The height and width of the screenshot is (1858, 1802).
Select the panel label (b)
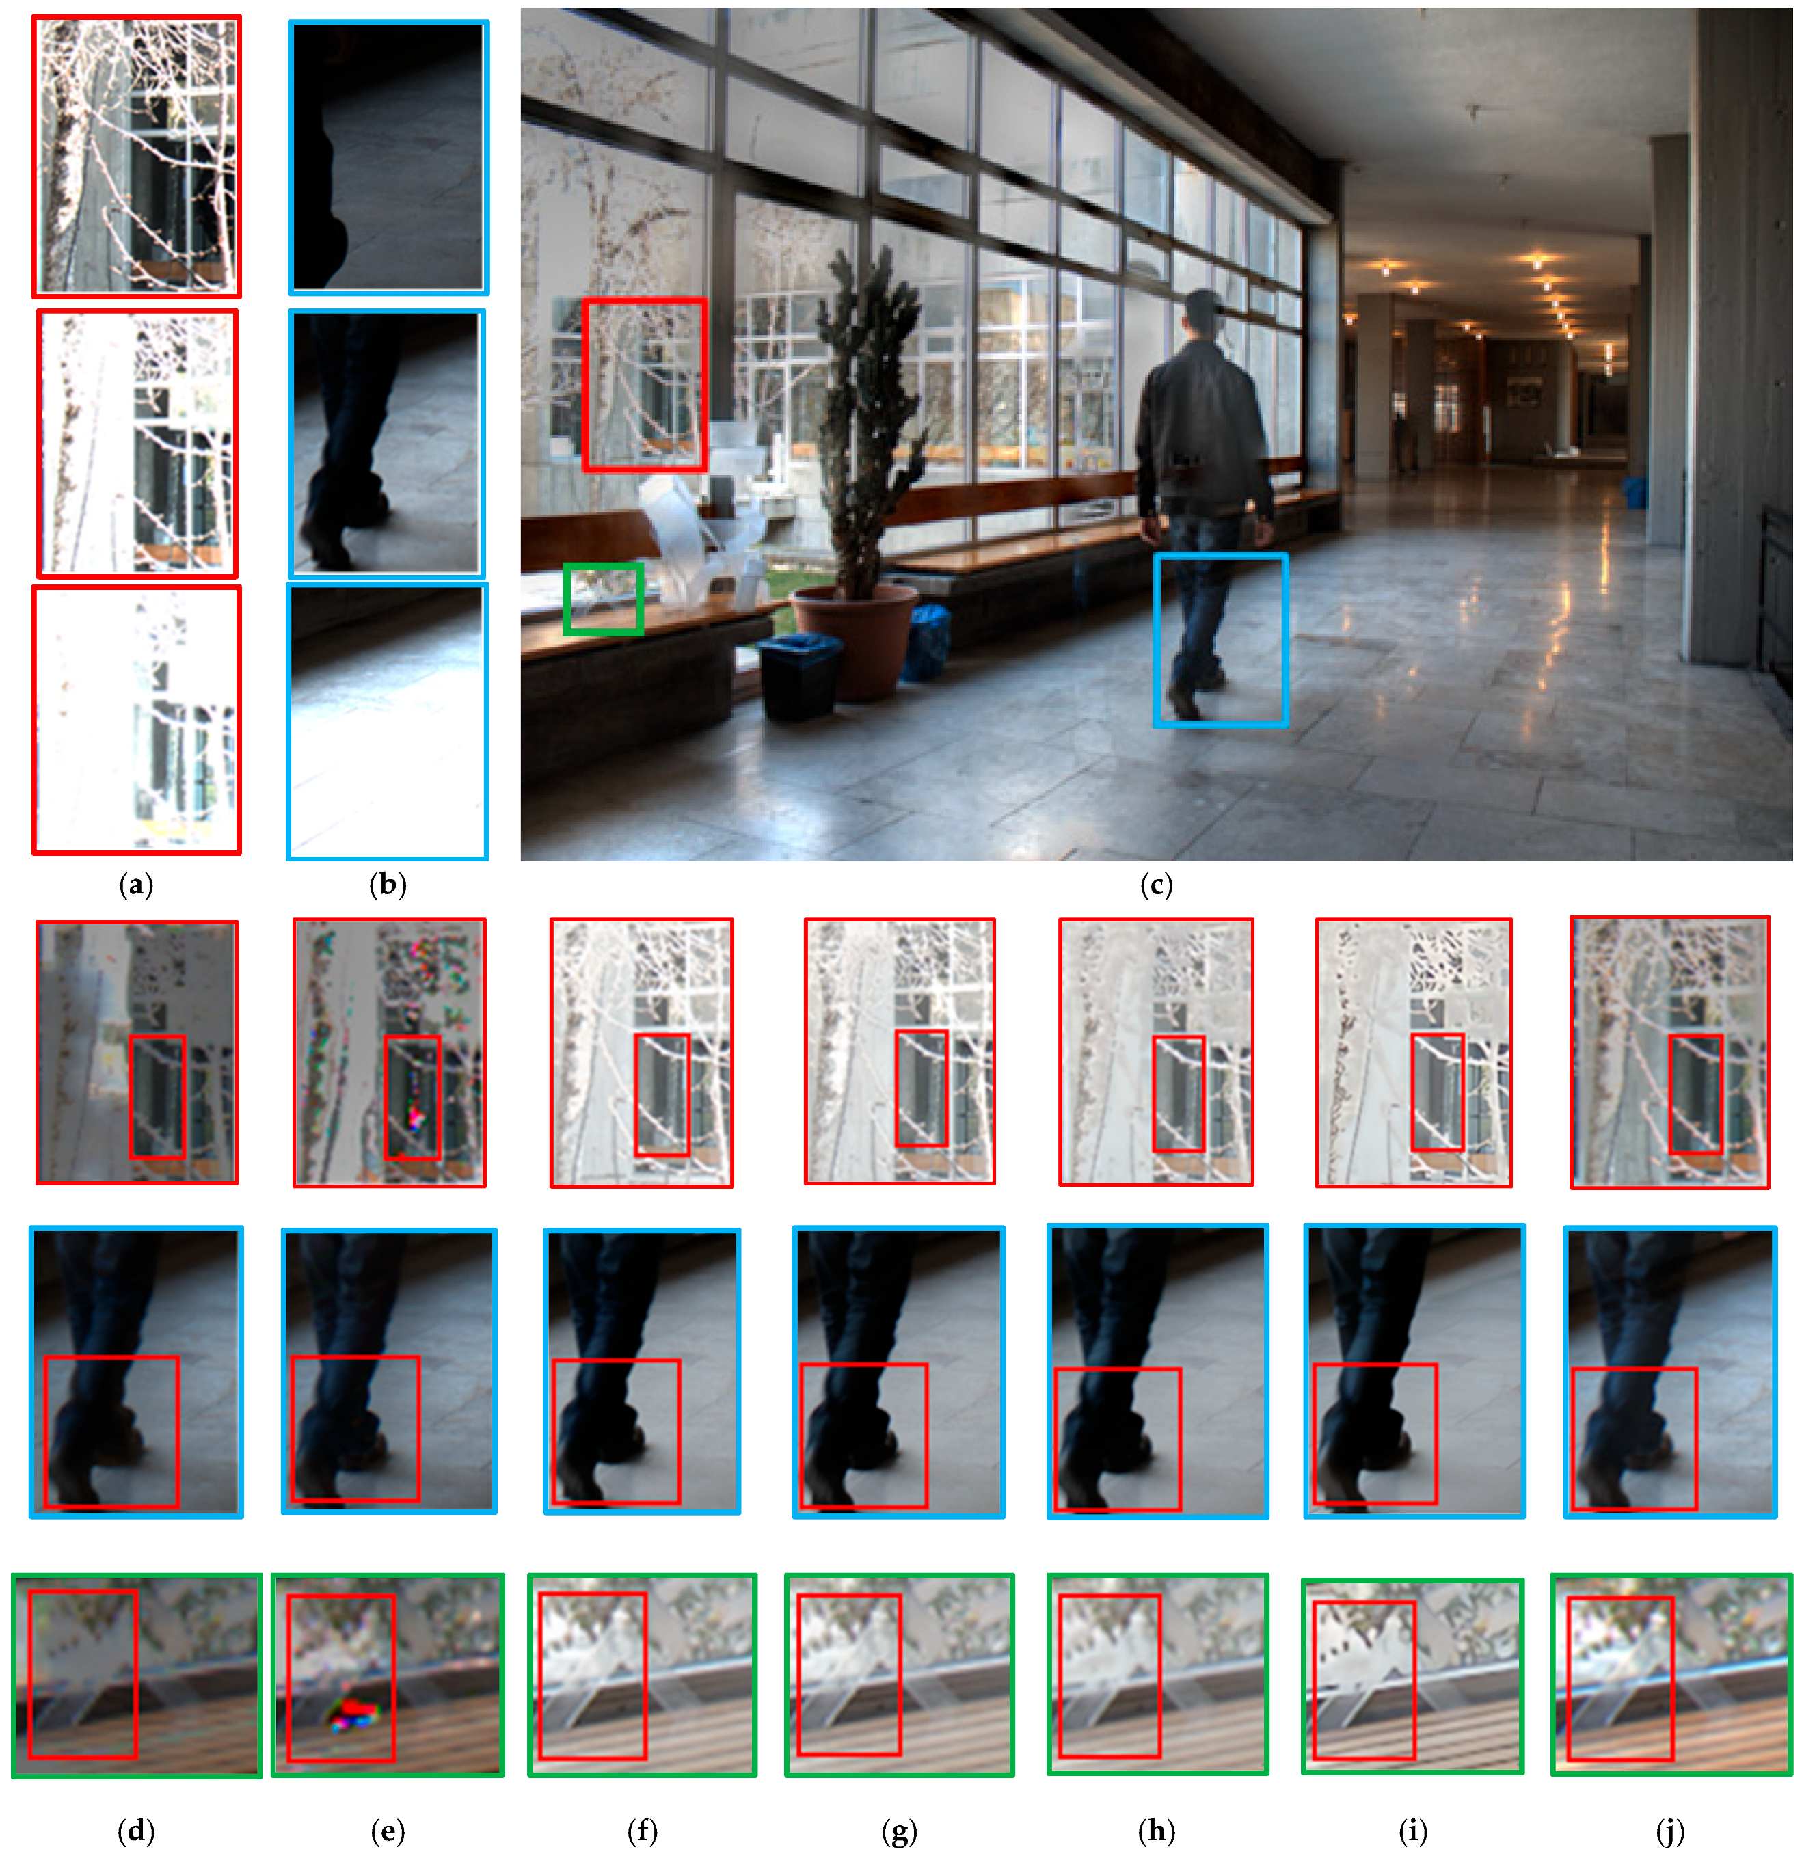[388, 885]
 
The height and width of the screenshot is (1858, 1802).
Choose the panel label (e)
[388, 1831]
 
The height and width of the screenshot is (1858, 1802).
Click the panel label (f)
[643, 1831]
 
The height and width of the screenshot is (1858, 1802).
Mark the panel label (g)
[899, 1831]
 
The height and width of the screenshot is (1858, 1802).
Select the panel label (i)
[1412, 1831]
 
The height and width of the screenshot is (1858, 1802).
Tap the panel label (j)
[1669, 1831]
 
